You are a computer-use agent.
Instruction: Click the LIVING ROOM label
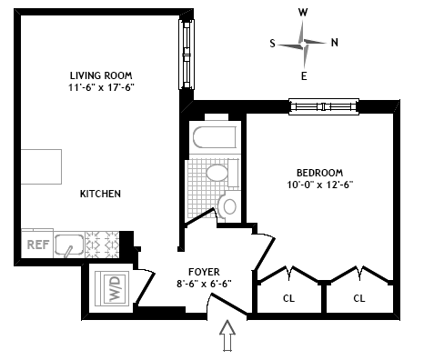(x=101, y=75)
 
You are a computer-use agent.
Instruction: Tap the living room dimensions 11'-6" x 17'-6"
(x=101, y=87)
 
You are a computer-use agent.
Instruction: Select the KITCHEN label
(x=100, y=194)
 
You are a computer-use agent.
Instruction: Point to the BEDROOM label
(x=319, y=173)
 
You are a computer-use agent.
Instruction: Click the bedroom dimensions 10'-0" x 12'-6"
(x=320, y=185)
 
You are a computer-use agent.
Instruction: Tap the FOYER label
(x=204, y=272)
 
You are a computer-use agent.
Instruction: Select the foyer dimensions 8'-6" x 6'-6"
(x=204, y=284)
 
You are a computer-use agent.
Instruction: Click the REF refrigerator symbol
(x=37, y=244)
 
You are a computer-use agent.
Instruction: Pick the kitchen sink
(x=69, y=245)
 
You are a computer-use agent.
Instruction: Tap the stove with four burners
(x=102, y=245)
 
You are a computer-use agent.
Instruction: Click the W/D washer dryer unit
(x=112, y=288)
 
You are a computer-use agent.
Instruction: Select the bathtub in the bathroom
(x=215, y=137)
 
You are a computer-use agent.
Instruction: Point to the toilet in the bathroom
(x=227, y=206)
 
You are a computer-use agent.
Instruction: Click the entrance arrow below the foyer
(x=227, y=335)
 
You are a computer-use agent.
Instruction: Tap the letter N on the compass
(x=335, y=43)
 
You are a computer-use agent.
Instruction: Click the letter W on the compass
(x=303, y=13)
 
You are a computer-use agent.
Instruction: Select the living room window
(x=187, y=55)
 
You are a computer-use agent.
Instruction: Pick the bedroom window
(x=324, y=106)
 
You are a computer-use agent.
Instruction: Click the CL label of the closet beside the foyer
(x=288, y=298)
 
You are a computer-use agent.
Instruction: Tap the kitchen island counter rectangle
(x=41, y=166)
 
